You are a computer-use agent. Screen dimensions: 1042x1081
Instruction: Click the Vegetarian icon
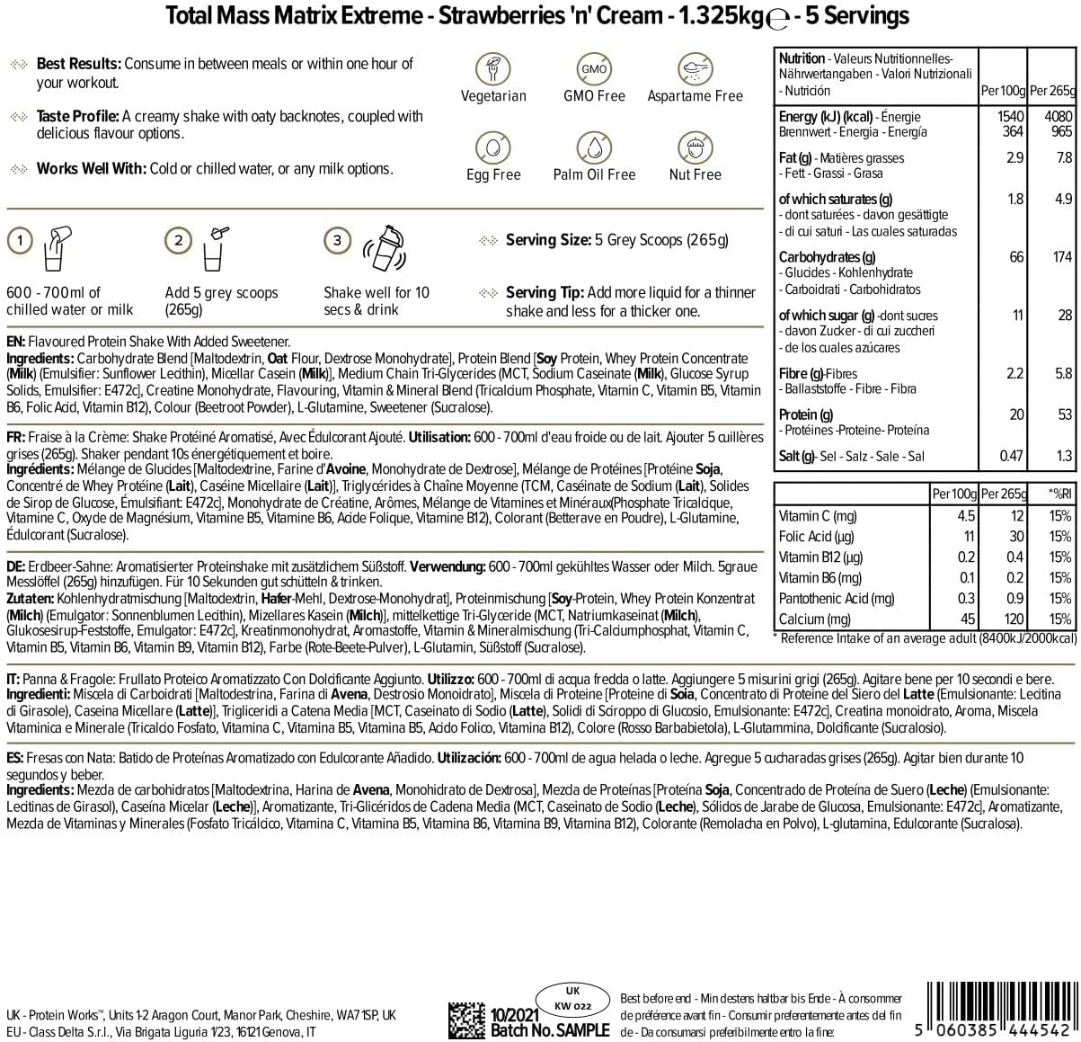[493, 68]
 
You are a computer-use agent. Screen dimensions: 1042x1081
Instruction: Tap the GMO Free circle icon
[594, 68]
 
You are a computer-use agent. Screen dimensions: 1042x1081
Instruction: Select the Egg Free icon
[493, 147]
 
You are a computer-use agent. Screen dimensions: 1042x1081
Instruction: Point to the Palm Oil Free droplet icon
[594, 147]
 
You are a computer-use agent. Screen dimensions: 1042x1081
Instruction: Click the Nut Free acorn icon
[695, 147]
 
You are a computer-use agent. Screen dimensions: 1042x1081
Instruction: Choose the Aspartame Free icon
[695, 68]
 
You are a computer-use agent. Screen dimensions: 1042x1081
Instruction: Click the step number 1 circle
[20, 240]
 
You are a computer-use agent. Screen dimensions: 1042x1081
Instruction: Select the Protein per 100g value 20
[1015, 414]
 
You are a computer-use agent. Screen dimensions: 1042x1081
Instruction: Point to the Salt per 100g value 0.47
[1011, 456]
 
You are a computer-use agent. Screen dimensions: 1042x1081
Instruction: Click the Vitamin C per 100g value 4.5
[966, 516]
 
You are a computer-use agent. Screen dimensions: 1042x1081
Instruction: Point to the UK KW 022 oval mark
[572, 999]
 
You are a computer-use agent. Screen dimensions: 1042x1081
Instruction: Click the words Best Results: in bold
[79, 64]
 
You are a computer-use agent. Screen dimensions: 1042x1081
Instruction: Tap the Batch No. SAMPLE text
[550, 1030]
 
